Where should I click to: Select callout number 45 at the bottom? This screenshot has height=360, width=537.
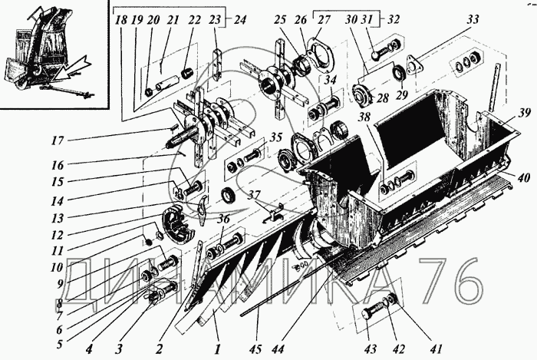tap(254, 349)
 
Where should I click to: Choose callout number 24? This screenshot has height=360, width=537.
tap(233, 19)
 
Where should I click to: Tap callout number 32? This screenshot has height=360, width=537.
tap(395, 19)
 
